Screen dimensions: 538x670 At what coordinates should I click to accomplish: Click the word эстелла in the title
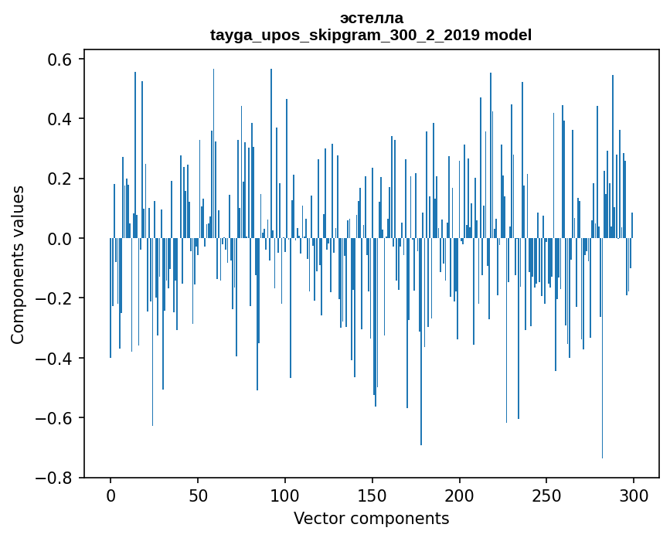pos(371,18)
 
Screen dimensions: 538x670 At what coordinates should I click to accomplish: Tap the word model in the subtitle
pos(509,35)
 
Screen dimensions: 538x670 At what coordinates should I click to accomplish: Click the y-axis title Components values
pos(18,264)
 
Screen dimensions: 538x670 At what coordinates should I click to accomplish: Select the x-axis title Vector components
pos(371,518)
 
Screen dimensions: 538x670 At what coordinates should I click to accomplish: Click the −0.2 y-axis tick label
pos(56,298)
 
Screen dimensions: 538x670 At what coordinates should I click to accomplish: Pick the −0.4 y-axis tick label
pos(56,359)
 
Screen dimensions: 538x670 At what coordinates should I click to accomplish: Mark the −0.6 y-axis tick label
pos(56,418)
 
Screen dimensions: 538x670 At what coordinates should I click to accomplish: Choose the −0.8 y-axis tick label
pos(56,478)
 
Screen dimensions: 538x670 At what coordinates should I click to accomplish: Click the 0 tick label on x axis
pos(111,495)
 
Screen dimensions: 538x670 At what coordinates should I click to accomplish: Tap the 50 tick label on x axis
pos(198,495)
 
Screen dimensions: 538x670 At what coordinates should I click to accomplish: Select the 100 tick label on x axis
pos(285,495)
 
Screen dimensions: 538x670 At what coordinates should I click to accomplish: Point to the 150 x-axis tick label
pos(372,495)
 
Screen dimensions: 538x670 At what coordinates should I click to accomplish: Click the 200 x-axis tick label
pos(460,495)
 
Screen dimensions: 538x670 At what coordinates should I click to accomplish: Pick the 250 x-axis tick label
pos(547,495)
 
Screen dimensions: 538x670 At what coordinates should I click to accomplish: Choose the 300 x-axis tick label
pos(634,495)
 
